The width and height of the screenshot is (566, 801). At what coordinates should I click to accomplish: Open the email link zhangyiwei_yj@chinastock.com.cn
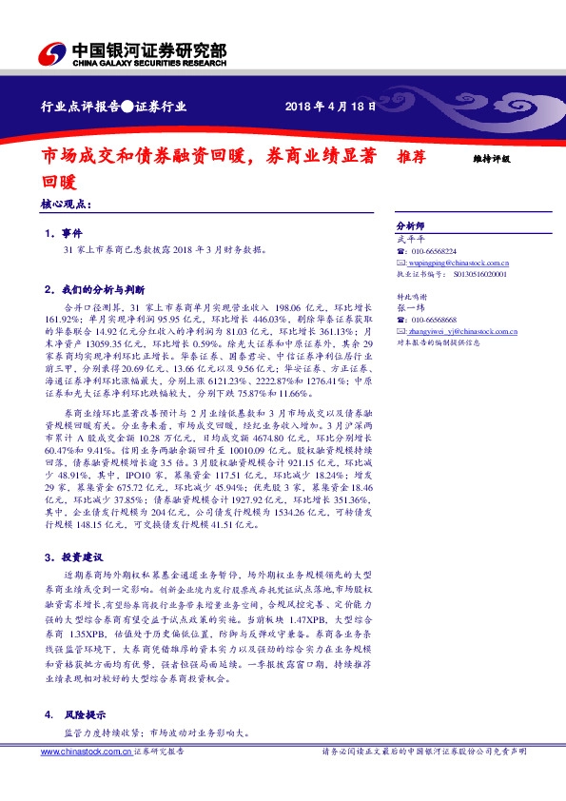tap(452, 330)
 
